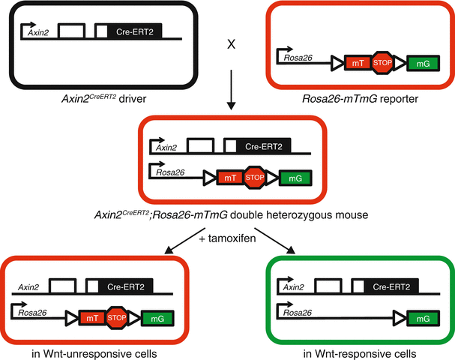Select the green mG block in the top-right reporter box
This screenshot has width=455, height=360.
click(x=421, y=65)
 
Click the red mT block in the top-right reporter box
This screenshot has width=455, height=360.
click(x=358, y=64)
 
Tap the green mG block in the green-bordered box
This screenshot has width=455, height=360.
click(x=421, y=319)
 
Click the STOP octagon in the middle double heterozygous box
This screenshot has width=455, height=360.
click(x=255, y=178)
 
